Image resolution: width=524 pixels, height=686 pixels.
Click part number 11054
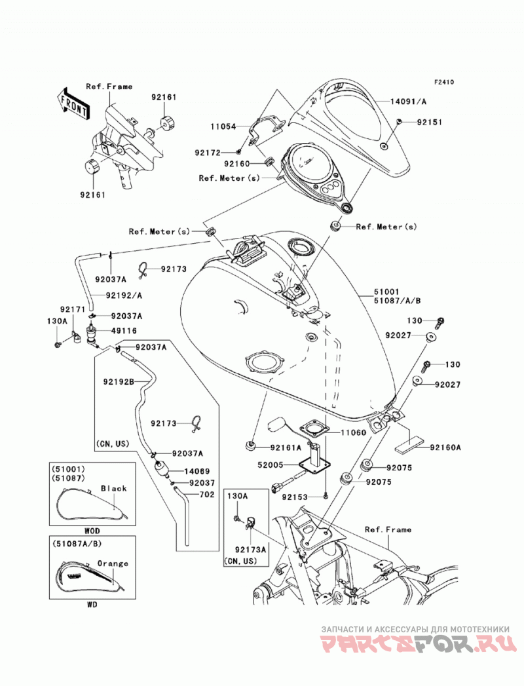(x=223, y=126)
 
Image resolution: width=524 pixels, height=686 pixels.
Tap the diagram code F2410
(x=443, y=82)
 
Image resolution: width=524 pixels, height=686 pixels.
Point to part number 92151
(x=429, y=122)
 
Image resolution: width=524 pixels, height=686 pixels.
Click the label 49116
(x=124, y=331)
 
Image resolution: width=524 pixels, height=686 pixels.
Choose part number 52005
(x=271, y=465)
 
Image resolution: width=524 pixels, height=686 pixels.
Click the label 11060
(x=353, y=432)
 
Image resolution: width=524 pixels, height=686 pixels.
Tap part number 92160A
(x=445, y=448)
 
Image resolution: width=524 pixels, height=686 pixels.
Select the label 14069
(x=197, y=471)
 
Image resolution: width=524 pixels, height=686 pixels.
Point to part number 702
(x=207, y=495)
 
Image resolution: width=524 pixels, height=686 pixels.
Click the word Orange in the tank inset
(x=113, y=563)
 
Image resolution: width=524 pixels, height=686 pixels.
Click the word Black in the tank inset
(x=114, y=488)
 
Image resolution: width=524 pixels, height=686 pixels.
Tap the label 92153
(x=295, y=497)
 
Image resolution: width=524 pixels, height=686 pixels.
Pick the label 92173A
(x=250, y=550)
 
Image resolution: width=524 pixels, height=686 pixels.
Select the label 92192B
(x=119, y=381)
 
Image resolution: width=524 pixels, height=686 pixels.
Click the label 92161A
(x=286, y=448)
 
